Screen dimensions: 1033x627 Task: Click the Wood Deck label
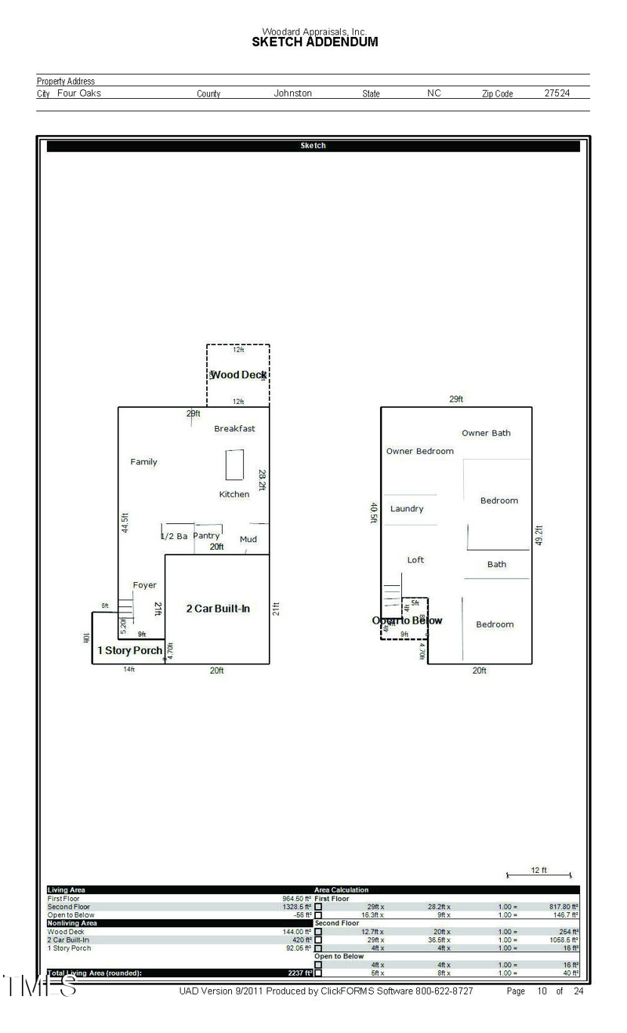point(238,375)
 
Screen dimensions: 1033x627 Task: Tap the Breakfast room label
point(234,429)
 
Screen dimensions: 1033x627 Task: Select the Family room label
point(143,462)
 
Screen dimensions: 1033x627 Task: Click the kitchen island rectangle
point(234,464)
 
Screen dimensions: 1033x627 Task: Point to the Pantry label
point(207,536)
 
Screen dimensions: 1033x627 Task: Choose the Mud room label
point(248,539)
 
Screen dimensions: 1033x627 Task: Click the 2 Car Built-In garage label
point(218,609)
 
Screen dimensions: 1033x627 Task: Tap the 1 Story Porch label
point(129,650)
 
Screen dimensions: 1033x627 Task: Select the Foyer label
point(144,585)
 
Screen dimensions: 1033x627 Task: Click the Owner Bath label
point(486,433)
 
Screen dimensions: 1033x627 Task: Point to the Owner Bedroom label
point(420,451)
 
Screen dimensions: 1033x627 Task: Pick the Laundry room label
point(407,508)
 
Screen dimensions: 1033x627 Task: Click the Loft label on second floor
point(415,560)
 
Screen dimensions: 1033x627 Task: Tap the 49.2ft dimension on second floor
point(539,536)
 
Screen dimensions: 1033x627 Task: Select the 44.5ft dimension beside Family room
point(125,524)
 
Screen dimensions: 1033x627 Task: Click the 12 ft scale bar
point(538,875)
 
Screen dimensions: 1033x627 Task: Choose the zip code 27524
point(557,93)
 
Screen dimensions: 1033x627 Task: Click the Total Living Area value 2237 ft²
point(299,973)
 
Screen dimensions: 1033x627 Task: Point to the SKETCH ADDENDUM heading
point(314,42)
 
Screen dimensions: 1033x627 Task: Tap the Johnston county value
point(292,93)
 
